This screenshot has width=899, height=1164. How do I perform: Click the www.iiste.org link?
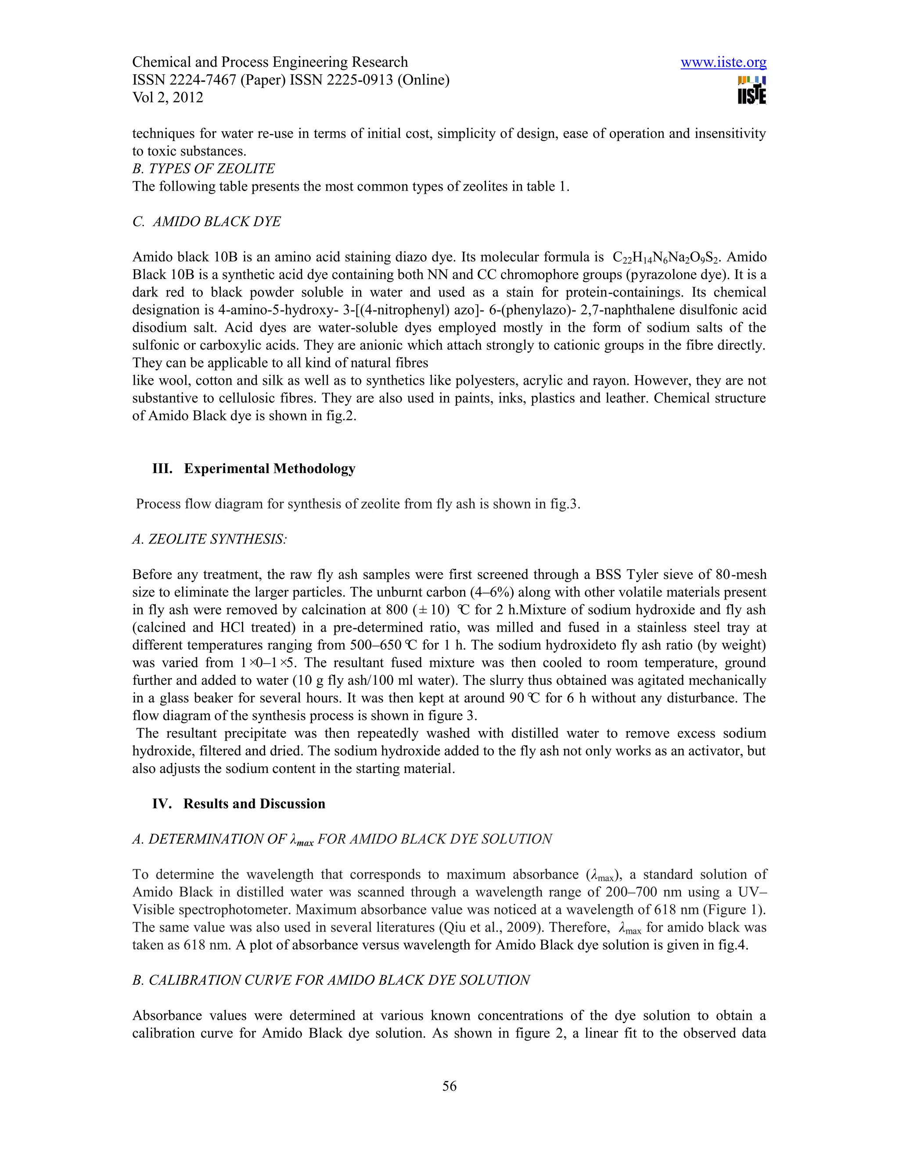[723, 62]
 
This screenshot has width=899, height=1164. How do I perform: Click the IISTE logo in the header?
[752, 90]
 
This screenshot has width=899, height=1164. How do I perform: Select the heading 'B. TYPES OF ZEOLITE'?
[203, 168]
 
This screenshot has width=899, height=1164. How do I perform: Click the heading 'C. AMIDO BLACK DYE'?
[206, 221]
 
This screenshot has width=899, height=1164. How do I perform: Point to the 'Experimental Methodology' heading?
[270, 469]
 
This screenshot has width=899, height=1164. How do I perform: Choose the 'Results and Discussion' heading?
[254, 803]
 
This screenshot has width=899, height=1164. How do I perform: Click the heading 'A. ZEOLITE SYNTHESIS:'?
[209, 539]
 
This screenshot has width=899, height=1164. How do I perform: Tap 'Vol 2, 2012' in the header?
[168, 98]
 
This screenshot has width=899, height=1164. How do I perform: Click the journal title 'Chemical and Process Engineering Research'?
[270, 62]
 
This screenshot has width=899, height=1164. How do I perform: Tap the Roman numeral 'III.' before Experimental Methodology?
[162, 469]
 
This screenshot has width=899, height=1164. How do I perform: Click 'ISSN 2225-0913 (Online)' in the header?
[370, 80]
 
